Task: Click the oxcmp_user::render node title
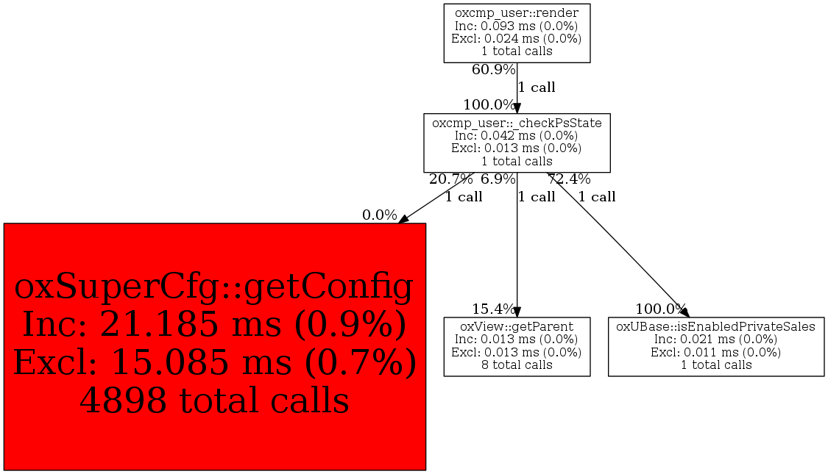click(x=517, y=13)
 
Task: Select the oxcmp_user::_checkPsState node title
click(x=517, y=123)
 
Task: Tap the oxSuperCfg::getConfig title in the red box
click(x=214, y=287)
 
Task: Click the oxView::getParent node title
click(x=517, y=326)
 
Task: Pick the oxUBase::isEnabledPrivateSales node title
click(x=715, y=326)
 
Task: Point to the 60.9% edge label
click(x=493, y=69)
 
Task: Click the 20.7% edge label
click(x=450, y=179)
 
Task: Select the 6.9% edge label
click(x=498, y=179)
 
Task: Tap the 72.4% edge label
click(x=569, y=179)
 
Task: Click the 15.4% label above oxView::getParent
click(x=493, y=309)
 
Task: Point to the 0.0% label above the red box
click(x=379, y=215)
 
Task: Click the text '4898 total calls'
click(x=214, y=401)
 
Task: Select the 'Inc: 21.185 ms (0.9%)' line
click(x=214, y=324)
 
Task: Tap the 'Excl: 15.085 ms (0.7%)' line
click(x=214, y=362)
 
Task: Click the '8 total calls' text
click(x=517, y=365)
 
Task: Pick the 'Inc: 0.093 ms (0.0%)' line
click(x=517, y=26)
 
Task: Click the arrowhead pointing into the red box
click(x=403, y=219)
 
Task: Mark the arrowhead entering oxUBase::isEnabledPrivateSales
click(x=684, y=312)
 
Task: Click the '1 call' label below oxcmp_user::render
click(x=537, y=87)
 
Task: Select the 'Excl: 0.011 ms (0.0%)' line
click(x=715, y=352)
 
